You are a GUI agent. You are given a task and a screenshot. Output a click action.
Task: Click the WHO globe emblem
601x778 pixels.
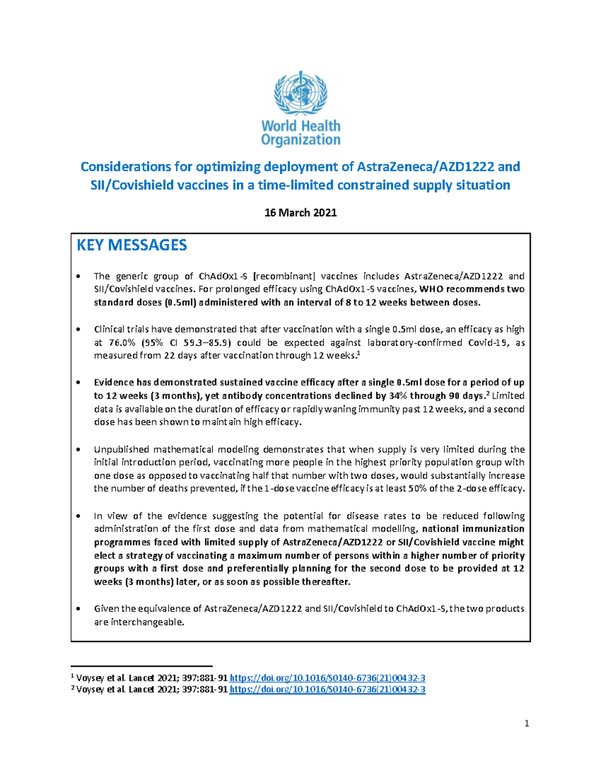point(300,93)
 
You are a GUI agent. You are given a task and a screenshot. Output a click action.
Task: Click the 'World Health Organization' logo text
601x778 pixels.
point(300,133)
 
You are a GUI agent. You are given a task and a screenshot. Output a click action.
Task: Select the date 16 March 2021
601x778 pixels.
point(300,213)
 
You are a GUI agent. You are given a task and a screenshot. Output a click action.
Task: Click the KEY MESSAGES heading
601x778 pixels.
point(132,245)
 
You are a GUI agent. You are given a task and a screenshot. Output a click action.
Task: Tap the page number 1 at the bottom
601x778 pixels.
point(526,723)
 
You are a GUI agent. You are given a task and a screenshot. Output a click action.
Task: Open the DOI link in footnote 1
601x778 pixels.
point(327,678)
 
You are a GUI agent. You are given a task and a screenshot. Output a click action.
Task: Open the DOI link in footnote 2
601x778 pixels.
point(327,690)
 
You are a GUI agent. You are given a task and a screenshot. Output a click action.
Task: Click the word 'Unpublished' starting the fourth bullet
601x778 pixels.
point(121,449)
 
